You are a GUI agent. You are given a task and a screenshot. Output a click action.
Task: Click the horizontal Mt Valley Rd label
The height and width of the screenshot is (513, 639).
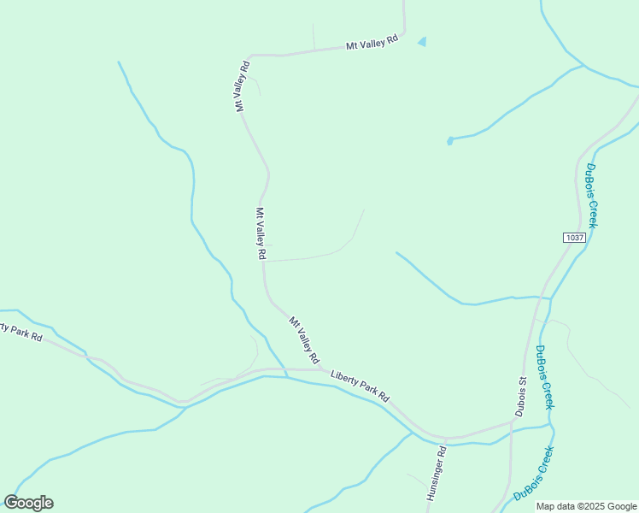(372, 42)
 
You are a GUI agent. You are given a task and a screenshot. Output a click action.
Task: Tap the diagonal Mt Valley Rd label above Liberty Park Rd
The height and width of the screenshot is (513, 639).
(303, 339)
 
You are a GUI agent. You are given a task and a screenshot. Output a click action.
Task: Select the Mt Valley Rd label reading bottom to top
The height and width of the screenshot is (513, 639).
(242, 85)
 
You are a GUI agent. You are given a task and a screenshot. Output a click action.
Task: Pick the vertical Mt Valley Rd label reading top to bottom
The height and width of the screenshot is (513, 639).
(261, 233)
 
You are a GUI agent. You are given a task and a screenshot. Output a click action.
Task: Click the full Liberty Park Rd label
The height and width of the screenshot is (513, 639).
(360, 386)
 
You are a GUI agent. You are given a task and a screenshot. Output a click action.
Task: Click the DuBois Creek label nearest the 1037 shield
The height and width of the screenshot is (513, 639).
(591, 195)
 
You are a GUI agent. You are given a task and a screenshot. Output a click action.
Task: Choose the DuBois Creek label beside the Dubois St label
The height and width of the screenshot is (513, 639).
(544, 376)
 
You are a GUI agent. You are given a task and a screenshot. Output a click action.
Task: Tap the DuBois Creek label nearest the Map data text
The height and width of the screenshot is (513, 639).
(533, 474)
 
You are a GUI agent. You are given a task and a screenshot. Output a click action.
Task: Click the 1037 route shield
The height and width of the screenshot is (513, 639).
(574, 237)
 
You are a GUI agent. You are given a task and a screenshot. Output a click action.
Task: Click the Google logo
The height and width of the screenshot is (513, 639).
(28, 503)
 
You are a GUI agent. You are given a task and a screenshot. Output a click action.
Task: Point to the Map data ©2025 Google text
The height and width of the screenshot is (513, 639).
(587, 506)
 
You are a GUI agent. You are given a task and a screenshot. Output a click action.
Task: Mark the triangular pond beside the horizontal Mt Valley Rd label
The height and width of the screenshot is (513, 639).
(422, 41)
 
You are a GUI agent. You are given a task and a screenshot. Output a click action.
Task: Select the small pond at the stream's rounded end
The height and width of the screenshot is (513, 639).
(449, 140)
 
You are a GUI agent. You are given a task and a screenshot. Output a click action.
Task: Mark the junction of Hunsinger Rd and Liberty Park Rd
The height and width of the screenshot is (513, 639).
(446, 438)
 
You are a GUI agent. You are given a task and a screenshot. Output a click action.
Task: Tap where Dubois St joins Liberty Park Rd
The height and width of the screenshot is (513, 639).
(513, 422)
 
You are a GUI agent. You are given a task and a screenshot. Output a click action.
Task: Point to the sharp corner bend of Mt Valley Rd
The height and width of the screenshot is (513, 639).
(250, 56)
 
